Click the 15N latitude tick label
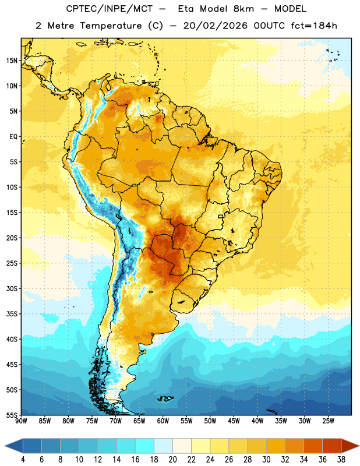[x=12, y=61]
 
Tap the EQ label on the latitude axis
[x=13, y=137]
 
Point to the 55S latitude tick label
[x=12, y=415]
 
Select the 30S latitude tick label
[x=12, y=288]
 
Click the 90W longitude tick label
[x=21, y=421]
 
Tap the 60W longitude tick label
[x=163, y=421]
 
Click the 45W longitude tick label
[x=234, y=421]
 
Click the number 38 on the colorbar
[x=341, y=460]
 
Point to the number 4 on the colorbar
[x=23, y=460]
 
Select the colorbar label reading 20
[x=172, y=460]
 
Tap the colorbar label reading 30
[x=266, y=460]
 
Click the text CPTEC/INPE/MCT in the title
[x=109, y=9]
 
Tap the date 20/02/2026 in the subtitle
[x=215, y=26]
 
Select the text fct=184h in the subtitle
[x=314, y=26]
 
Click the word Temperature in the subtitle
[x=111, y=26]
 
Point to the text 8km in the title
[x=243, y=9]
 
